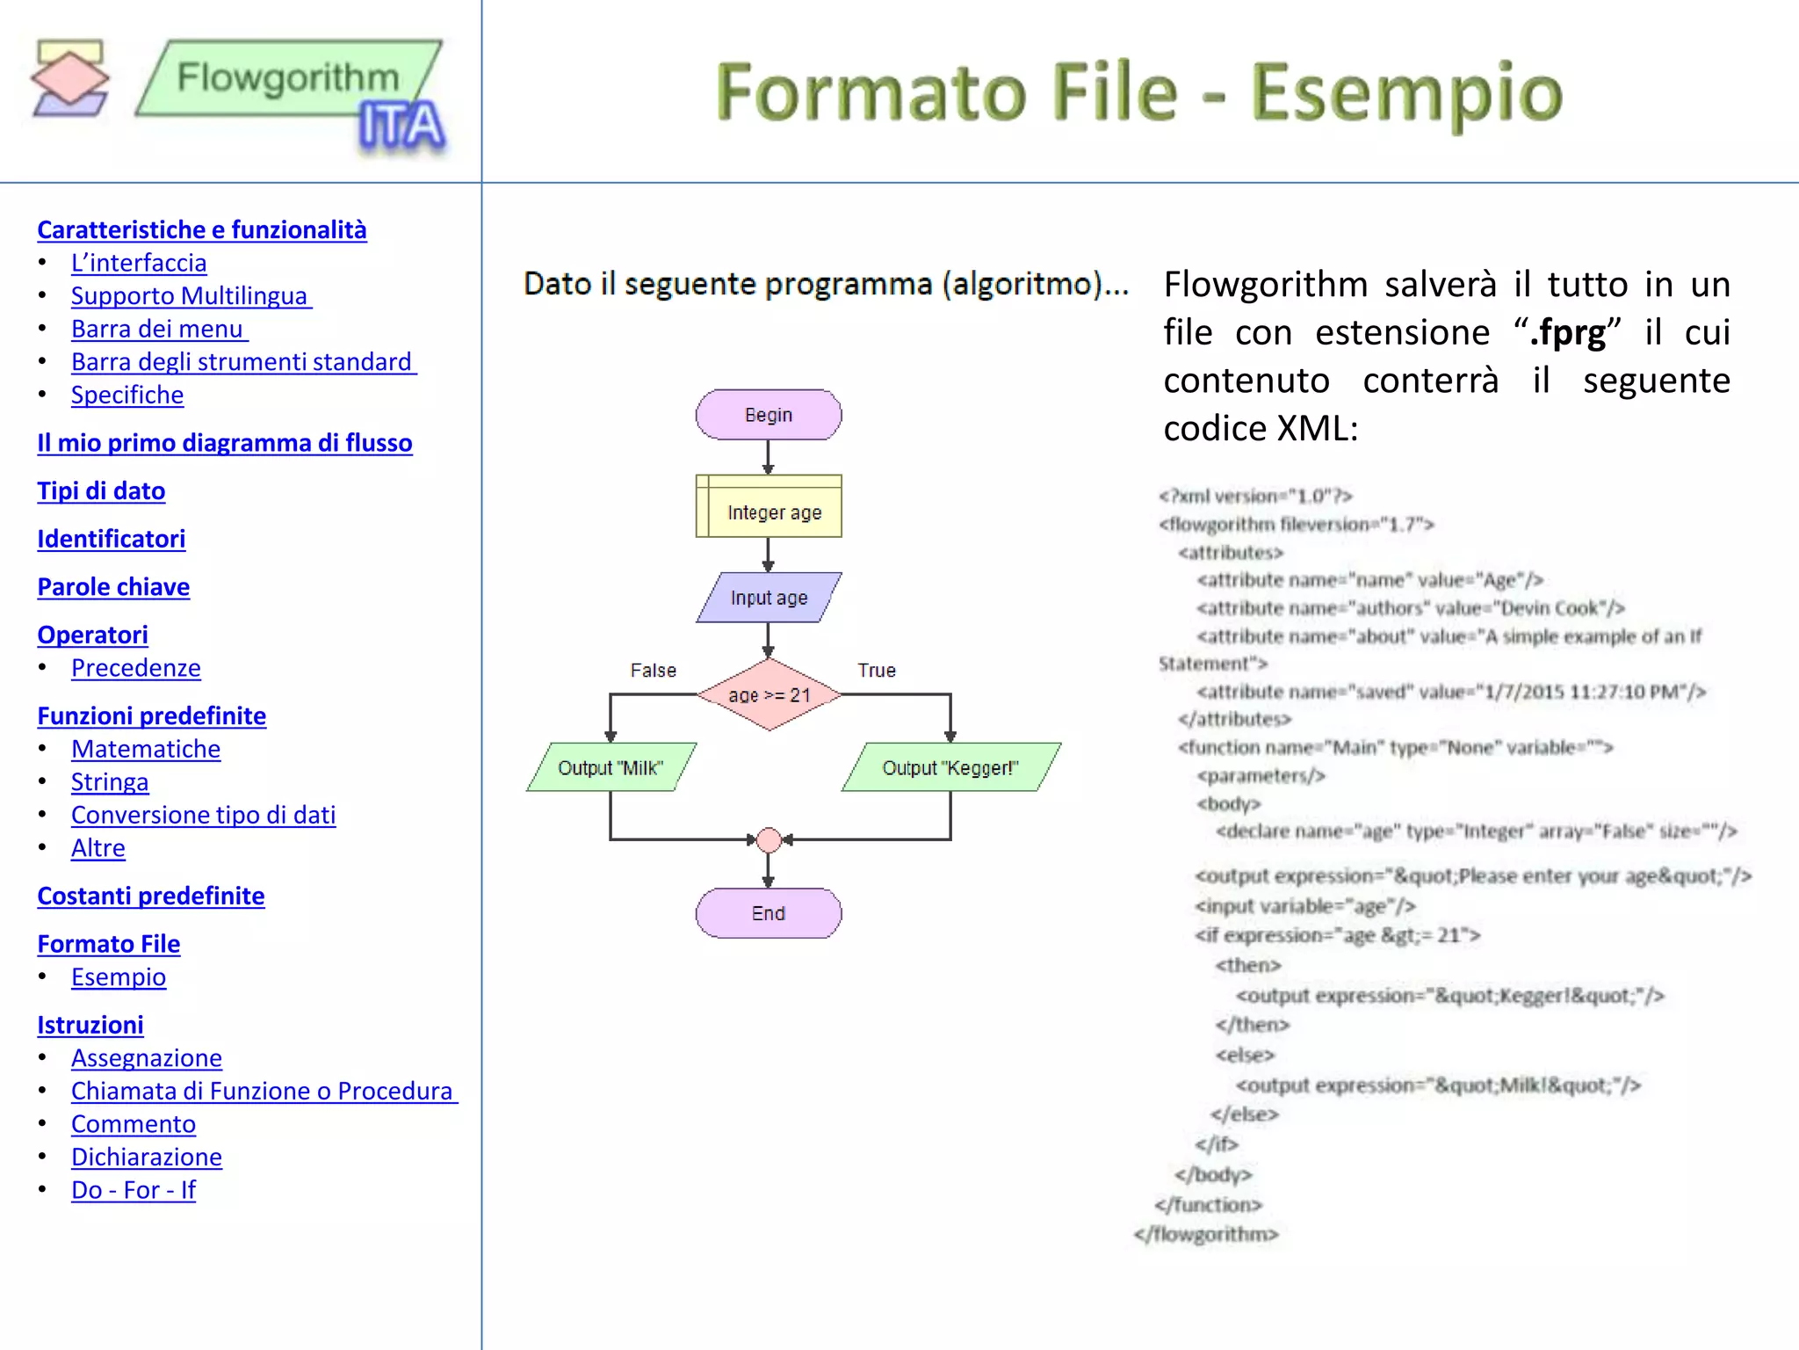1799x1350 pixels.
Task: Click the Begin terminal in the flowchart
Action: [769, 415]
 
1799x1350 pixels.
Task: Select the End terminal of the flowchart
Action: [769, 913]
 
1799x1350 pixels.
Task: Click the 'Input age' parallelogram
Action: [769, 598]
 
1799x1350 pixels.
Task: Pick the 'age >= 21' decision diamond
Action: [769, 694]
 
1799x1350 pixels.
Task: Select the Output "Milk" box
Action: [611, 767]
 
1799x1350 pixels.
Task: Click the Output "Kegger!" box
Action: [950, 767]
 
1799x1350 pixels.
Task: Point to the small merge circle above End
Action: [769, 840]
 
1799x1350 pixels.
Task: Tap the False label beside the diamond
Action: [654, 671]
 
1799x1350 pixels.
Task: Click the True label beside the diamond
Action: [877, 671]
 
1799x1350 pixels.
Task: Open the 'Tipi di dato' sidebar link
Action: [101, 490]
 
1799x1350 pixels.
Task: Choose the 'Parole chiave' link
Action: [113, 586]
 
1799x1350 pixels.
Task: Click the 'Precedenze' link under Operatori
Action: [136, 668]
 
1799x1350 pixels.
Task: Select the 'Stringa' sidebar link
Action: [110, 781]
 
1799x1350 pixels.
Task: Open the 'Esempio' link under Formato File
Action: [119, 976]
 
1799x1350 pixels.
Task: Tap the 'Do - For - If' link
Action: [134, 1189]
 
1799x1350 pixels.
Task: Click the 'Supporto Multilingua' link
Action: [191, 295]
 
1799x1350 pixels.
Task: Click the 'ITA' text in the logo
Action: [401, 127]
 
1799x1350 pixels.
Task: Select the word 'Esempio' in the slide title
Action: [1405, 92]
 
